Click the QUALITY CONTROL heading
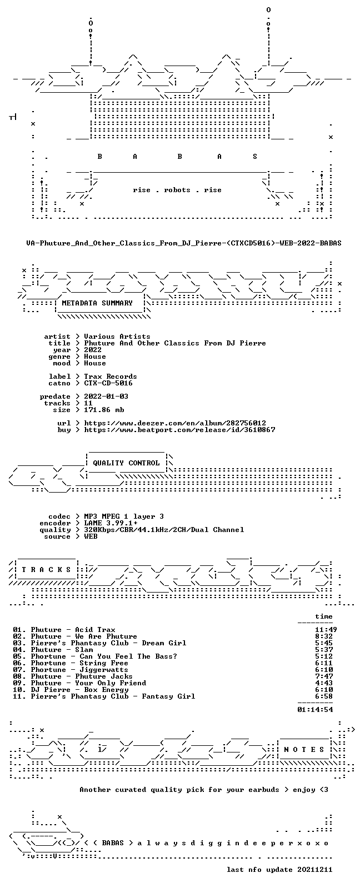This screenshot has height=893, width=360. point(126,463)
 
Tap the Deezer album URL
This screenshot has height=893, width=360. point(175,423)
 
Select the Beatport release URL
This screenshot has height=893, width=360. point(179,430)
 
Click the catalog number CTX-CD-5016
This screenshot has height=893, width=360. point(108,383)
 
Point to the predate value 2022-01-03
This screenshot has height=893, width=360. point(106,397)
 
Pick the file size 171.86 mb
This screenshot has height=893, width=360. point(104,410)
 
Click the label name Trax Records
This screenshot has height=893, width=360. point(111,377)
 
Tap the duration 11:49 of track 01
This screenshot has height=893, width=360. point(326,630)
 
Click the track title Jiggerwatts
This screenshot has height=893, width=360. point(104,670)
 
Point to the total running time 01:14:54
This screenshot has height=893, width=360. point(315,710)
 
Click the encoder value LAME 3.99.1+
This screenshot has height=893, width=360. point(111,523)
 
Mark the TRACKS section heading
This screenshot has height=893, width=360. point(46,570)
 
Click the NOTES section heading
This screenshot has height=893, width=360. point(304,750)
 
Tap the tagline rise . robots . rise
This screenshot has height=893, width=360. point(177,190)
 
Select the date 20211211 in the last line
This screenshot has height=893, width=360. point(315,870)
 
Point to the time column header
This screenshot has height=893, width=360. point(324,616)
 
